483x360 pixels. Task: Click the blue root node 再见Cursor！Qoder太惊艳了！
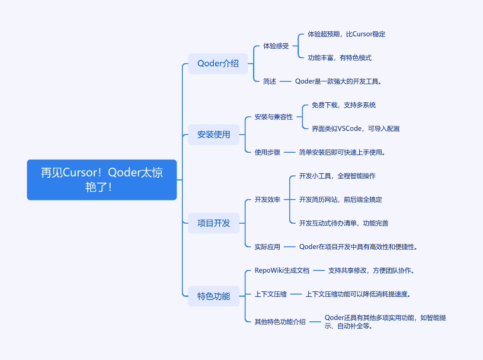[102, 180]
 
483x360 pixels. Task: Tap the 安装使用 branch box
[214, 135]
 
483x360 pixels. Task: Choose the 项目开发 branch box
[214, 223]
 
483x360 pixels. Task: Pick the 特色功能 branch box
[214, 296]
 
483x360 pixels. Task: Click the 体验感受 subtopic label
[276, 46]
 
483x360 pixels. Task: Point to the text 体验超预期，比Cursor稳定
[347, 34]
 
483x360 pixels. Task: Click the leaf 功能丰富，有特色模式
[340, 58]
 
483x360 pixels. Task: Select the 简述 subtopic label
[270, 81]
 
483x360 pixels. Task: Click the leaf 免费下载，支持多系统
[344, 105]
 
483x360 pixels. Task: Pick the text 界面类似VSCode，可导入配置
[356, 129]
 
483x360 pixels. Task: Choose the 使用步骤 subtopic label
[267, 152]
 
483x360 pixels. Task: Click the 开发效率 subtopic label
[267, 200]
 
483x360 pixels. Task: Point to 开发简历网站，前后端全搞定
[341, 200]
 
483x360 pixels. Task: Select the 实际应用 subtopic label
[267, 247]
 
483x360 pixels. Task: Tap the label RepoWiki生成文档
[282, 270]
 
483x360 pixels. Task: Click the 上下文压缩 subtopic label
[271, 294]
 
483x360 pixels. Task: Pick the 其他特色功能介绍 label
[280, 322]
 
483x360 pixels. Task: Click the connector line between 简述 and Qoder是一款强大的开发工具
[285, 81]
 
